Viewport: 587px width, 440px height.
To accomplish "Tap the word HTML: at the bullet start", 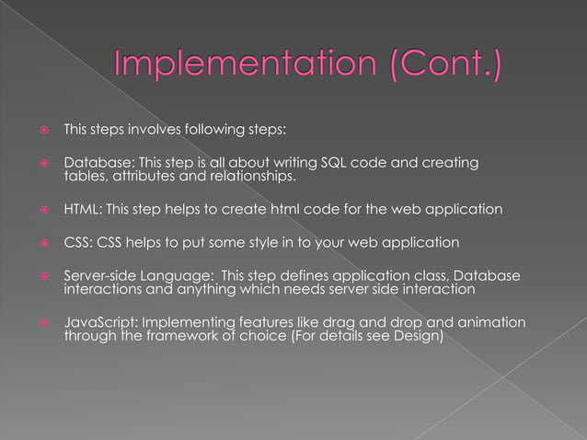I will (81, 210).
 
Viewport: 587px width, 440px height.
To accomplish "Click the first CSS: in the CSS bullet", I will (76, 244).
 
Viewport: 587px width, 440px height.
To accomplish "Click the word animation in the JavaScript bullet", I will (492, 323).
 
